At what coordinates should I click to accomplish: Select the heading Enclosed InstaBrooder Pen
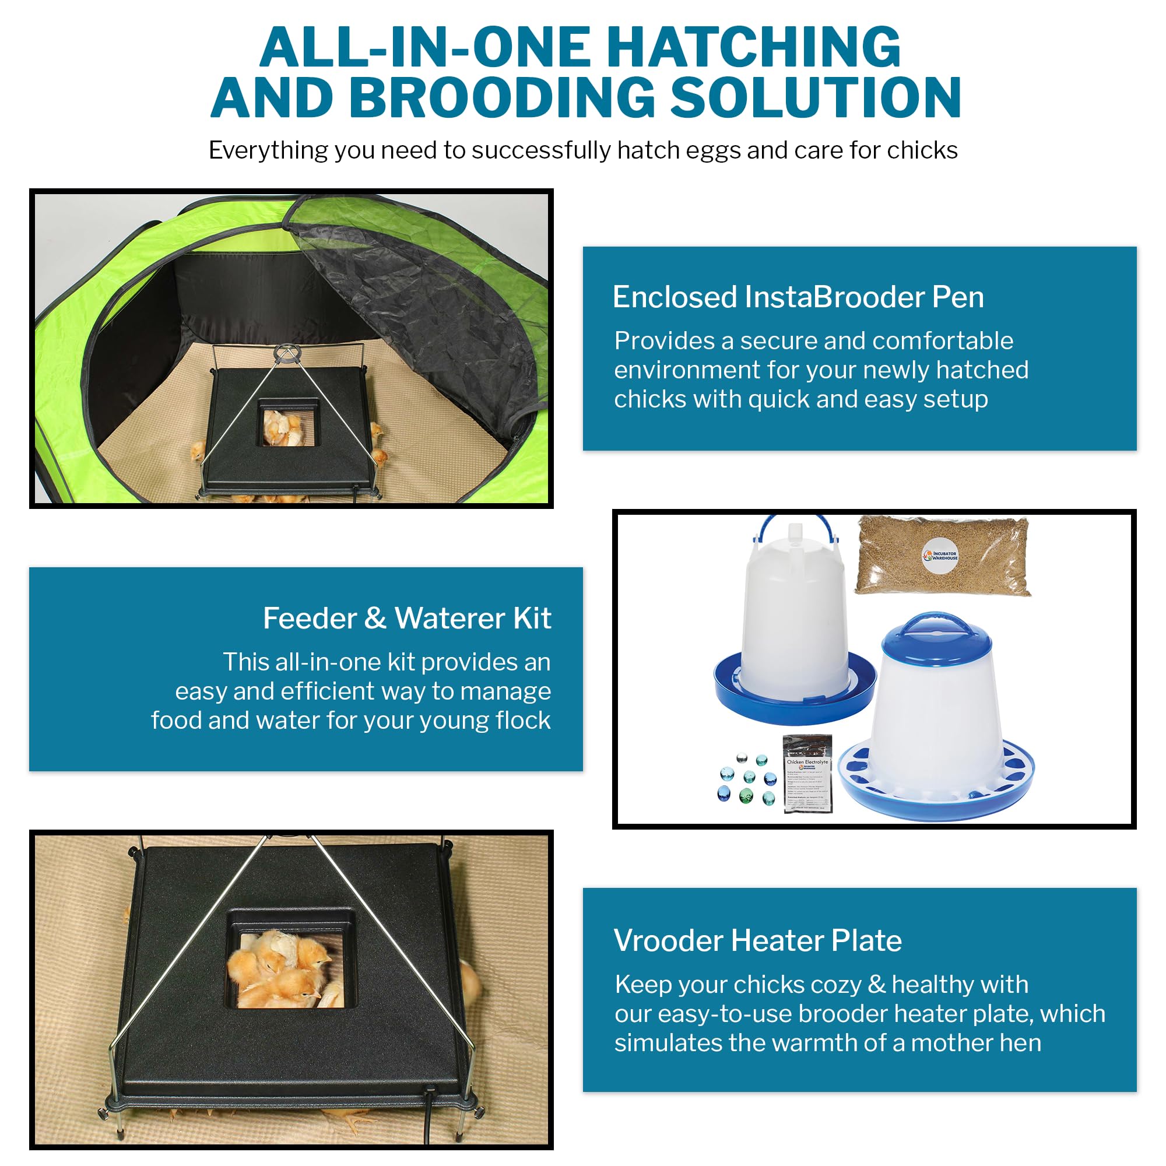tap(798, 297)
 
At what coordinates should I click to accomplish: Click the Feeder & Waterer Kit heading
tap(407, 619)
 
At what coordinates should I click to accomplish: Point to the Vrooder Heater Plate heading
tap(757, 940)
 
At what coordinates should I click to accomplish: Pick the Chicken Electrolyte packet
tap(808, 774)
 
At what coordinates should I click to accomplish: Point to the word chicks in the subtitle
tap(922, 150)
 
